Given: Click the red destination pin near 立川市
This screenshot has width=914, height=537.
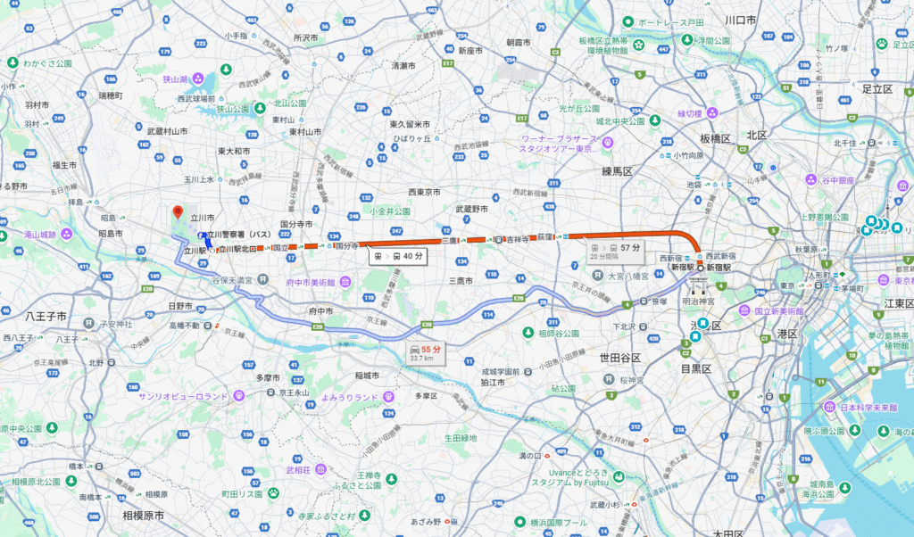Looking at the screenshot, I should [x=177, y=212].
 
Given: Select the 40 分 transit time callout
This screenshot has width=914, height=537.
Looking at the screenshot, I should [x=397, y=256].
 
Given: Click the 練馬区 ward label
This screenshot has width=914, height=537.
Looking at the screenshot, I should [x=617, y=170].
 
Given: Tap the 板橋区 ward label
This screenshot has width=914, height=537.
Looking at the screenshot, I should [x=716, y=139].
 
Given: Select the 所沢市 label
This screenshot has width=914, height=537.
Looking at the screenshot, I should [x=305, y=38].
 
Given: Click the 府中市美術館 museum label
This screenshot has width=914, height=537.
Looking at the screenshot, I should [x=308, y=283].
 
